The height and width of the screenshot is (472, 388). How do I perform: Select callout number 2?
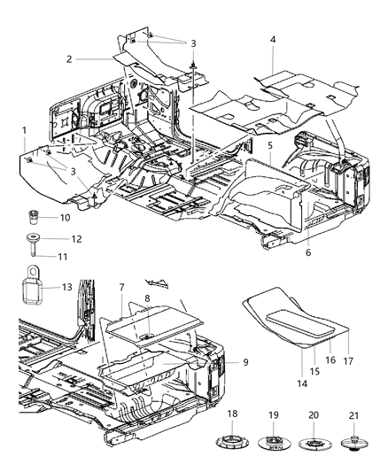(x=67, y=59)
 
